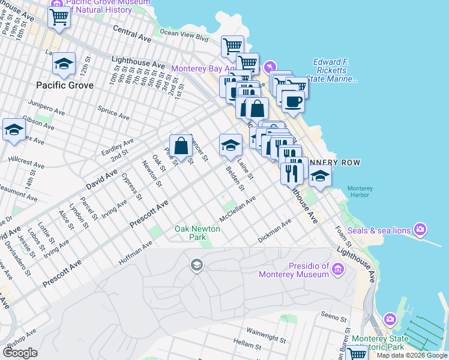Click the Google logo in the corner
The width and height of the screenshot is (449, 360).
[x=20, y=353]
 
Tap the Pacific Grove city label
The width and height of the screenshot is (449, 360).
[x=65, y=85]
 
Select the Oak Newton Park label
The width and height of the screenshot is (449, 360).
[x=197, y=233]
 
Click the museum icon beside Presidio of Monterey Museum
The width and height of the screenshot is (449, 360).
[x=337, y=270]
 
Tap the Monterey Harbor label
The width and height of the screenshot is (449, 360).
[x=360, y=192]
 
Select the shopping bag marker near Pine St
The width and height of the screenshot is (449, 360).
[x=181, y=146]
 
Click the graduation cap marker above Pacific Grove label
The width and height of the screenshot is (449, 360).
[x=64, y=64]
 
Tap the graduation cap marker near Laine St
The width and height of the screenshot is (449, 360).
[x=231, y=144]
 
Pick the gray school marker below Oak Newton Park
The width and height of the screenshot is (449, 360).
[x=196, y=265]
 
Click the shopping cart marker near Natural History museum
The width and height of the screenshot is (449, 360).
[x=59, y=17]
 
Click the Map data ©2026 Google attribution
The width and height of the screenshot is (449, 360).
[x=412, y=355]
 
